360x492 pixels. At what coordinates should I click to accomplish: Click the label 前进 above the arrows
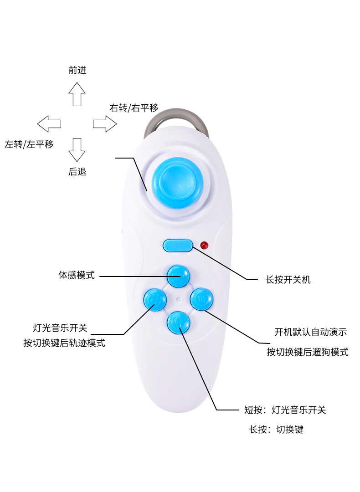pos(77,70)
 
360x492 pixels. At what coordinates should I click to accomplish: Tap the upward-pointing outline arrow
pos(77,94)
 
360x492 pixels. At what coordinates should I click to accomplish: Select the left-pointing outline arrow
pos(49,123)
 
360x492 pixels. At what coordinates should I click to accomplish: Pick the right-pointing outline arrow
pos(105,123)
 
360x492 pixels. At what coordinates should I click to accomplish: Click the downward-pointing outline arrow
pos(77,150)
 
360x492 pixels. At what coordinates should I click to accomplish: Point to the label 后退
pos(77,172)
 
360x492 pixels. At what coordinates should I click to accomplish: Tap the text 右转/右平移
pos(134,108)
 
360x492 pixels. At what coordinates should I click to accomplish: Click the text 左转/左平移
pos(29,144)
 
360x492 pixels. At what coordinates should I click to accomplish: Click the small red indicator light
pos(204,245)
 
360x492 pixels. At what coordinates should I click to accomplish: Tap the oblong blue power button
pos(178,246)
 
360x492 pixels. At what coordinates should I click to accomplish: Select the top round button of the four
pos(178,276)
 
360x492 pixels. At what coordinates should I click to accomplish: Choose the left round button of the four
pos(155,299)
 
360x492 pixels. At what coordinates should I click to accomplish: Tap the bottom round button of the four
pos(178,322)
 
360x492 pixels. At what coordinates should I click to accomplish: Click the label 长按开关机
pos(288,279)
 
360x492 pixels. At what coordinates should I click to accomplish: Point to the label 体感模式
pos(77,275)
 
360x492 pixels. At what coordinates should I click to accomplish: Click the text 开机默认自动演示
pos(310,332)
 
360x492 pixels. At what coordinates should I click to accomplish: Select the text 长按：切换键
pos(276,429)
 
